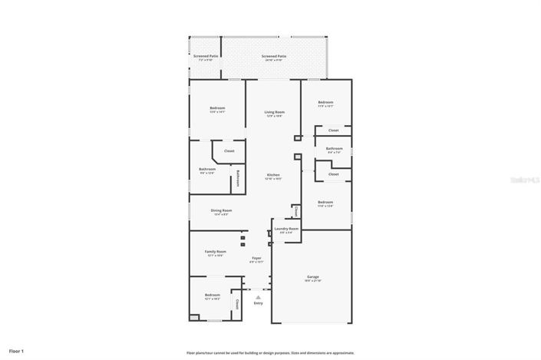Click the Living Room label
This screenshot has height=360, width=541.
[274, 113]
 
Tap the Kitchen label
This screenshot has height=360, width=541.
[274, 176]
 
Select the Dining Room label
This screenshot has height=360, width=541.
[222, 210]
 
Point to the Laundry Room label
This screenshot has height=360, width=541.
[288, 230]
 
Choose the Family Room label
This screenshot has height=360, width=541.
[215, 253]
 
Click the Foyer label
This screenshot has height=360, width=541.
[256, 259]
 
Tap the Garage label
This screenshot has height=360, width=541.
[313, 277]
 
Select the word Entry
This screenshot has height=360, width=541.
[258, 303]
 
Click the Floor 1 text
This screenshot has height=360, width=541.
[17, 351]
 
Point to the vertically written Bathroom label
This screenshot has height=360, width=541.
[238, 177]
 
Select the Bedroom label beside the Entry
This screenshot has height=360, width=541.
[212, 296]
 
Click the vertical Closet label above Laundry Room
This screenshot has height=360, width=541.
[296, 211]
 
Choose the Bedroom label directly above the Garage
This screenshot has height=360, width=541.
[325, 203]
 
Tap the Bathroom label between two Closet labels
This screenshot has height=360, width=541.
[334, 150]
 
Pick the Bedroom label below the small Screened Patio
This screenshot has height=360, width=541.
[217, 109]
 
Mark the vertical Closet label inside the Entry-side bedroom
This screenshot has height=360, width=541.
[237, 304]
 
